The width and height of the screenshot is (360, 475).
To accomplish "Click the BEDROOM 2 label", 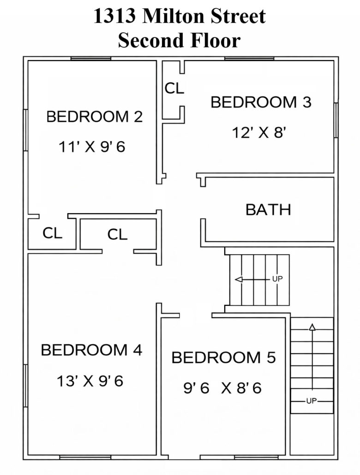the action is click(94, 117).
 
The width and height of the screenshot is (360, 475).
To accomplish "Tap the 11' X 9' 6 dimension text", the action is click(92, 147).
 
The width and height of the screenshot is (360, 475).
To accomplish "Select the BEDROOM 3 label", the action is click(261, 102).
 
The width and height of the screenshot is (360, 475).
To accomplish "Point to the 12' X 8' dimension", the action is click(259, 132).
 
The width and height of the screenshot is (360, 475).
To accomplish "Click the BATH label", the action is click(268, 210).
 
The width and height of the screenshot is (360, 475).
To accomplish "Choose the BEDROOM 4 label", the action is click(91, 350).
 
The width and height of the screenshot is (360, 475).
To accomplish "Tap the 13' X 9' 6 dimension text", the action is click(90, 381).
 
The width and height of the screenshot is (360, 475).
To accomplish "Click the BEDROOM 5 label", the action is click(223, 357).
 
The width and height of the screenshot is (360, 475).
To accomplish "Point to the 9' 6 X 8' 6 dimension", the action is click(222, 388).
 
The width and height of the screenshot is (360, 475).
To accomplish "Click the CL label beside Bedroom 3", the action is click(174, 89).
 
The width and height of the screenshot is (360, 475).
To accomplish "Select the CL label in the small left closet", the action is click(53, 233).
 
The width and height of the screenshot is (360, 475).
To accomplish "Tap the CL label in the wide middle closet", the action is click(117, 234).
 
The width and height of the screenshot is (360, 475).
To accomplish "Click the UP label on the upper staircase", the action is click(277, 279).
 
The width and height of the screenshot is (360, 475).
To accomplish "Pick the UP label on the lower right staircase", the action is click(312, 401).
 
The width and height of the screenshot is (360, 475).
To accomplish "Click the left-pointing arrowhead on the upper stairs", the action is click(239, 279).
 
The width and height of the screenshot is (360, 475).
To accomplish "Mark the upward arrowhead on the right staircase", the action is click(312, 327).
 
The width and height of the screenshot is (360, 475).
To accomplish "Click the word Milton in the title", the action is click(174, 16).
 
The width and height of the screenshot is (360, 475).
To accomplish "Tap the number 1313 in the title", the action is click(114, 16).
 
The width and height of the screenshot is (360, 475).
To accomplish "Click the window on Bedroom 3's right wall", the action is click(336, 120).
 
